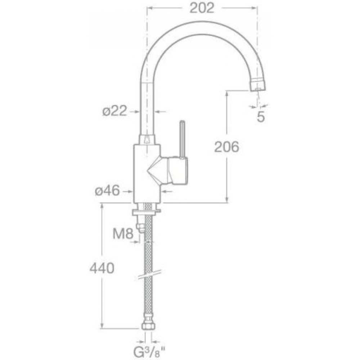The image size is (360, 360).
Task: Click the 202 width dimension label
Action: [x=202, y=9]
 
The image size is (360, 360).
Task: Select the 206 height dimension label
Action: [x=226, y=147]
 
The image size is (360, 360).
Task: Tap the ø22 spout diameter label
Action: [x=114, y=111]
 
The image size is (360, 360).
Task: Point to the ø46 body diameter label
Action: [x=107, y=190]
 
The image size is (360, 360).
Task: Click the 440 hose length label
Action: [x=102, y=268]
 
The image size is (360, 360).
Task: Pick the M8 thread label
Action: [x=123, y=234]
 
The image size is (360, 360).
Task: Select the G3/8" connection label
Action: [x=149, y=354]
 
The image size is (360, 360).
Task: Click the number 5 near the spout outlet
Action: [x=261, y=117]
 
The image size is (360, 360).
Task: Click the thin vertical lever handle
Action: [x=182, y=139]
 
